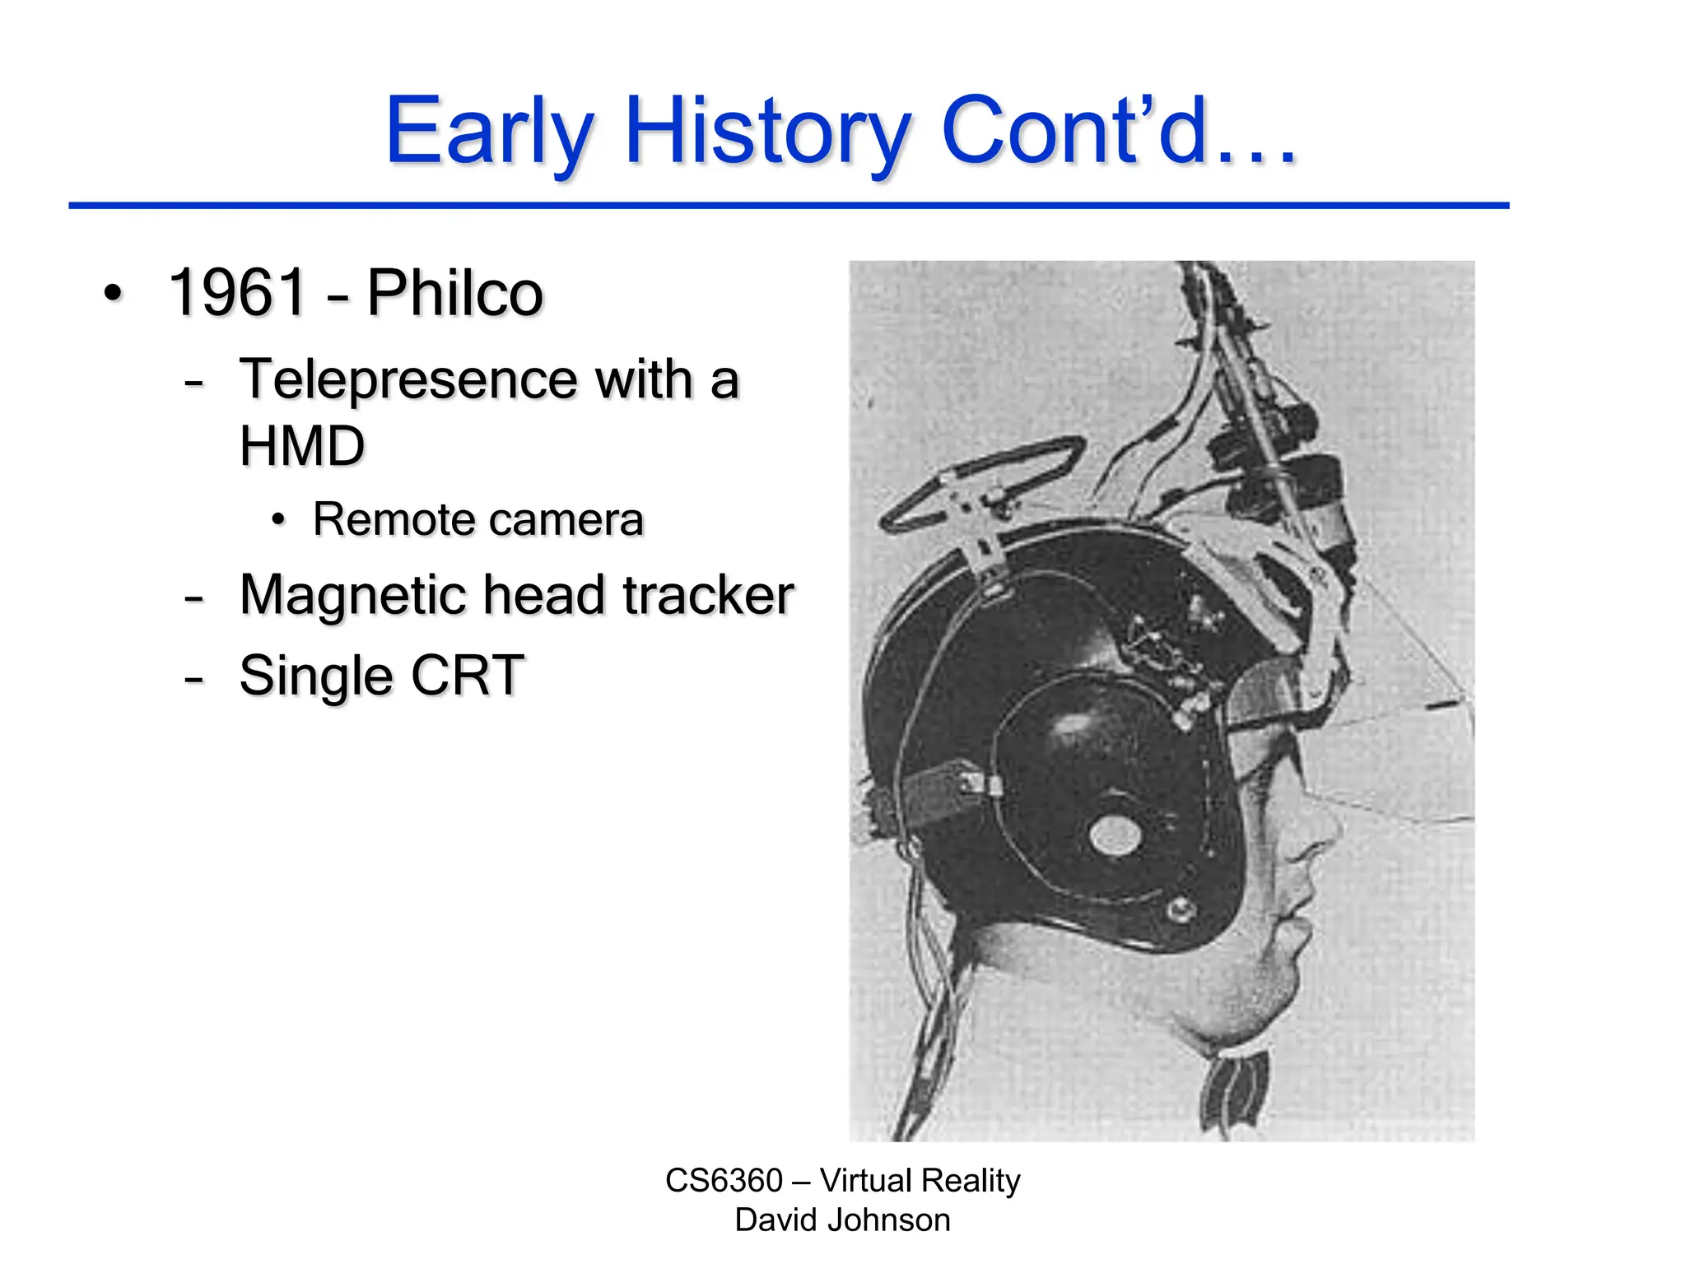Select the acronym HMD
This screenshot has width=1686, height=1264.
point(301,446)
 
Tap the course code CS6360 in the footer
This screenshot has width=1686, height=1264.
point(724,1180)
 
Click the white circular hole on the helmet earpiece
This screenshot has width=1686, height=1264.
point(1115,835)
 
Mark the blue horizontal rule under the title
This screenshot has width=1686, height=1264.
point(788,205)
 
